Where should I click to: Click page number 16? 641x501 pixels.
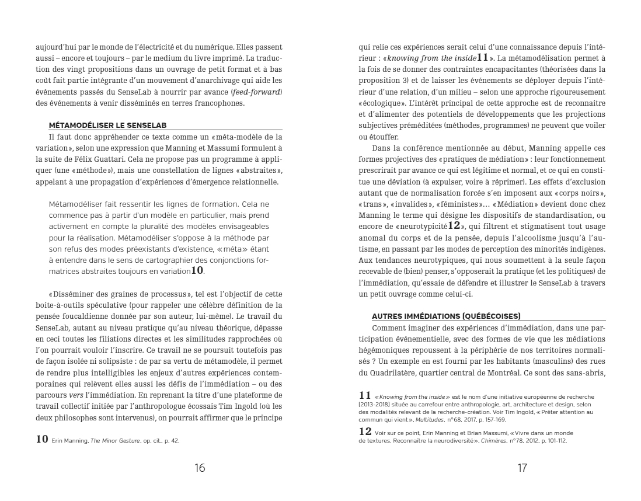(200, 468)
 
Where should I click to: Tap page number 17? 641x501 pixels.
(522, 468)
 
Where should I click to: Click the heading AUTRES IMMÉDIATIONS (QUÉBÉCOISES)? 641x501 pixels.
(445, 316)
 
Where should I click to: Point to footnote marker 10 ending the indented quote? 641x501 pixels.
(197, 271)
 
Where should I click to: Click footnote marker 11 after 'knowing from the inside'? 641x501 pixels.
(482, 57)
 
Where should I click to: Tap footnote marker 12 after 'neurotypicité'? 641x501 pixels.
(454, 225)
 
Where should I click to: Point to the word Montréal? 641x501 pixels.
(501, 373)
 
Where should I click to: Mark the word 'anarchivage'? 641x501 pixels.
(222, 81)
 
